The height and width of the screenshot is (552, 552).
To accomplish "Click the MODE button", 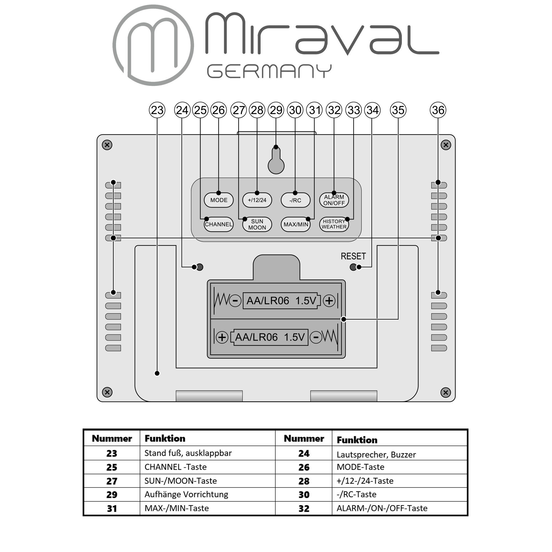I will coord(219,200).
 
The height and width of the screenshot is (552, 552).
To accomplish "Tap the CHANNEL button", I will coord(219,224).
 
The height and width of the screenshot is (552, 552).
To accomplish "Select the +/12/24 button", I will coord(257,200).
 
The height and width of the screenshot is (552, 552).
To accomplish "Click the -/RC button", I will coord(295,200).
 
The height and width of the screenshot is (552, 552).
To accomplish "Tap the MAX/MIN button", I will coord(296,224).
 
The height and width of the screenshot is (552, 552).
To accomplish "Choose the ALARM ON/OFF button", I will coord(334,200).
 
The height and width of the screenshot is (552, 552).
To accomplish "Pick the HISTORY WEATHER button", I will coord(334,224).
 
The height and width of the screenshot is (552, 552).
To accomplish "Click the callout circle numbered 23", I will coord(157,110).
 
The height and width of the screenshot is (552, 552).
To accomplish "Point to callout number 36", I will coord(438,110).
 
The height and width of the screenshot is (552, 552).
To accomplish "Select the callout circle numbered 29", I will coord(276,110).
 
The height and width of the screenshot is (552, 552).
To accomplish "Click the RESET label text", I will coord(353,256).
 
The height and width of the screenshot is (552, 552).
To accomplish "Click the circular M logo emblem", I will coord(153,45).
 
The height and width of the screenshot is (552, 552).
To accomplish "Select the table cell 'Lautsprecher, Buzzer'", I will coord(376,455).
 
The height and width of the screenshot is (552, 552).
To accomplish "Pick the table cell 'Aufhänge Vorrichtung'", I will coord(186,494).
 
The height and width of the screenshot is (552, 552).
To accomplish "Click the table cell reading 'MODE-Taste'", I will coord(360,467).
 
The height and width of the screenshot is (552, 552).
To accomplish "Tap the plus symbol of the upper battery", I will coord(329,301).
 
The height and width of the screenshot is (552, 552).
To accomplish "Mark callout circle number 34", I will coord(372,110).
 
